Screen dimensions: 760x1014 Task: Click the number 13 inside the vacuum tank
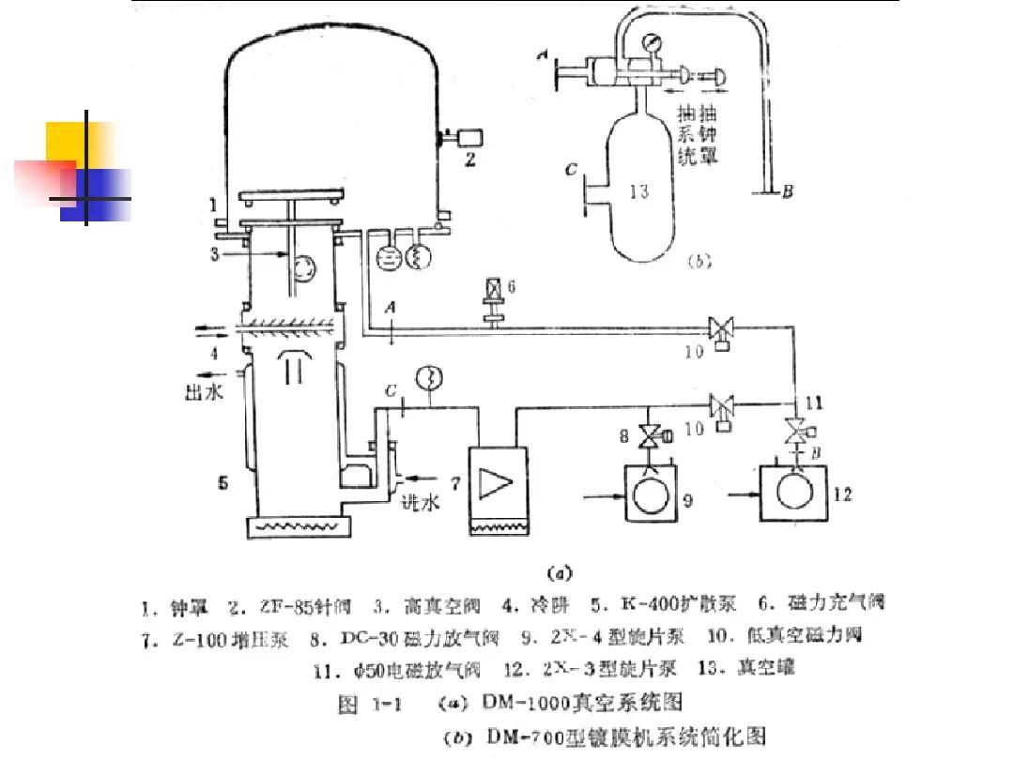tap(640, 192)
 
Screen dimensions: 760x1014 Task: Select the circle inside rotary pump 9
tap(647, 495)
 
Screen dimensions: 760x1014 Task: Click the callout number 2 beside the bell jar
tap(470, 160)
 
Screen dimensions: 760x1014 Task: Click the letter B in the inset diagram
tap(789, 192)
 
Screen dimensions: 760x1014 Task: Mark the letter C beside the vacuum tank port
tap(570, 171)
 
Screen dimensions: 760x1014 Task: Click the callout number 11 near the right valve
tap(813, 403)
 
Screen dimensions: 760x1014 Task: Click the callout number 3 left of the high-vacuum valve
tap(215, 253)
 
